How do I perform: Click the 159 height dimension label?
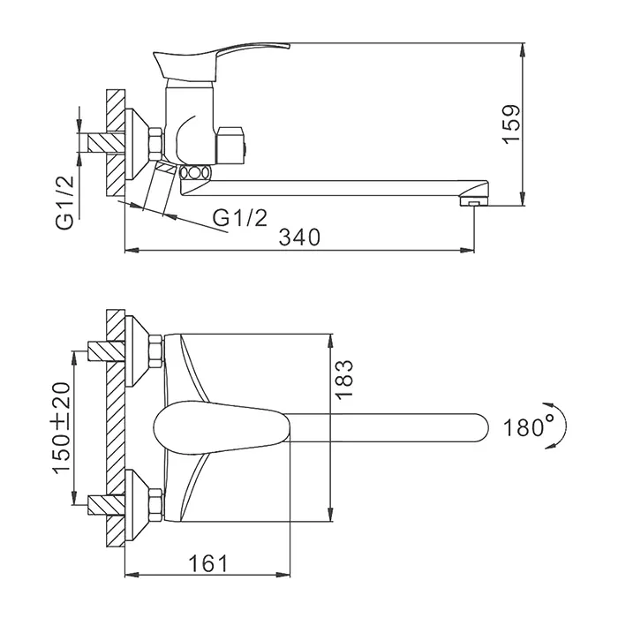tap(511, 124)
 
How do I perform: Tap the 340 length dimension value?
tap(299, 237)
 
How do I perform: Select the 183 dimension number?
tap(343, 380)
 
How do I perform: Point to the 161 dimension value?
tap(208, 563)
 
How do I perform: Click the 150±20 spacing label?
tap(61, 427)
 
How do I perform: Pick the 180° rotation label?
tap(529, 426)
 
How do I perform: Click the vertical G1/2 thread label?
tap(64, 202)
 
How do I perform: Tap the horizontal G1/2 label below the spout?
tap(240, 217)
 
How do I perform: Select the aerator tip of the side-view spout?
tap(474, 202)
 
